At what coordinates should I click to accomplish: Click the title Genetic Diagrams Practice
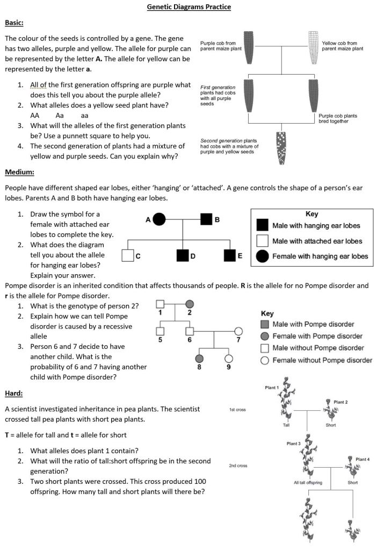[x=189, y=7]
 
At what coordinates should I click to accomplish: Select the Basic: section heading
[x=15, y=23]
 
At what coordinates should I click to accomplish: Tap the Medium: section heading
[x=20, y=172]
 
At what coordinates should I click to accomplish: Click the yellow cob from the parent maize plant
[x=314, y=46]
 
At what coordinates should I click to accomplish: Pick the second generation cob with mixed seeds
[x=280, y=147]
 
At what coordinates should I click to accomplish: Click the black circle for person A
[x=159, y=219]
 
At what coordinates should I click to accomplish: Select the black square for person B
[x=206, y=219]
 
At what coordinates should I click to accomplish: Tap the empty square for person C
[x=128, y=255]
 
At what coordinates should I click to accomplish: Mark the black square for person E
[x=230, y=255]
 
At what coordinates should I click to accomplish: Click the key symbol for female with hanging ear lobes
[x=262, y=256]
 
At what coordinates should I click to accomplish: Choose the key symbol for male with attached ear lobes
[x=262, y=241]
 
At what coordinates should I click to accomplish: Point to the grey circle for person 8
[x=199, y=359]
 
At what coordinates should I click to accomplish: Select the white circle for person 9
[x=229, y=359]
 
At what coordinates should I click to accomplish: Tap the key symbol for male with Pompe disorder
[x=264, y=325]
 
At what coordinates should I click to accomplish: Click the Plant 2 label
[x=340, y=402]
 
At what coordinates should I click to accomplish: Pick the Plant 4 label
[x=363, y=459]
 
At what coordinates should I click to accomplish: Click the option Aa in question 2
[x=60, y=115]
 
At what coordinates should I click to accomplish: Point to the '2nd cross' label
[x=238, y=466]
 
